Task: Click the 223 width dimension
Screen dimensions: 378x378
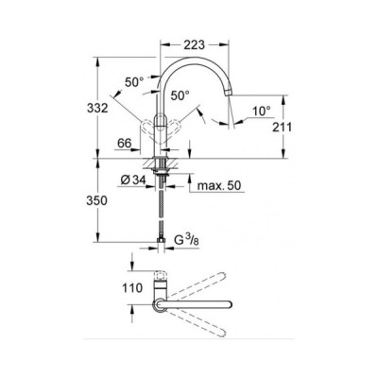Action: coord(194,44)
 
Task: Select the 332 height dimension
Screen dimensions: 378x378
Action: coord(97,108)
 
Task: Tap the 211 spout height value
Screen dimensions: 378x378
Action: coord(282,127)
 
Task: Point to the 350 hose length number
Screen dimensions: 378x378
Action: coord(97,200)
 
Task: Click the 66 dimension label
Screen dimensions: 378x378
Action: coord(124,144)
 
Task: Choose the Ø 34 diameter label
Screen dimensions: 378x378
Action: coord(133,180)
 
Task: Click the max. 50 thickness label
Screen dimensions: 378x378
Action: coord(219,185)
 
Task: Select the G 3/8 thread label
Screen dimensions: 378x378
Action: coord(186,240)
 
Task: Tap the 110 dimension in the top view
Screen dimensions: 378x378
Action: coord(132,287)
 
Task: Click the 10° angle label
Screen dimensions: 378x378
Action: coord(262,111)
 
